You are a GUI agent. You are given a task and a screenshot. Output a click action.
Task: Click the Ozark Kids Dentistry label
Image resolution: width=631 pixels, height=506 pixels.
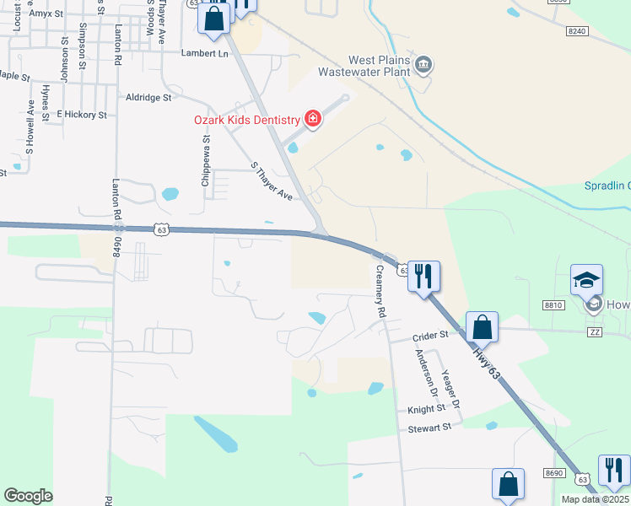pos(247,120)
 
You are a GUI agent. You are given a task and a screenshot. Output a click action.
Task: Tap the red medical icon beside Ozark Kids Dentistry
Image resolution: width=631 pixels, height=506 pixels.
pos(313,119)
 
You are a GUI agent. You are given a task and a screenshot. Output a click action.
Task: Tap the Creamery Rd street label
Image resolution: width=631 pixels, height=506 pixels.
pos(381,291)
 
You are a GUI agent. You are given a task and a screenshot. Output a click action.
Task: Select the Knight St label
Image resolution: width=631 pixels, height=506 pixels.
pos(426,408)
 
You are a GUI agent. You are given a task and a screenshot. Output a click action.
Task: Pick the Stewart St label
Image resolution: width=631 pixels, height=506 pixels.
pos(430,427)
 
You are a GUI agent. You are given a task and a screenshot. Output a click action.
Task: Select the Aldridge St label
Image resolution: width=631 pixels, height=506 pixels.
pos(148,98)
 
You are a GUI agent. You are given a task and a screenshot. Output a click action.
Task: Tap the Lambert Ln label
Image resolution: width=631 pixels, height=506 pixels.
pos(205,52)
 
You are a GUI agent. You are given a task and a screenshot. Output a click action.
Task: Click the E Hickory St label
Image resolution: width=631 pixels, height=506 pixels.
pos(82,114)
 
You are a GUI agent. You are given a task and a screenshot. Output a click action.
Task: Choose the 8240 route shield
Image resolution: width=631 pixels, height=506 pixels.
pos(577,30)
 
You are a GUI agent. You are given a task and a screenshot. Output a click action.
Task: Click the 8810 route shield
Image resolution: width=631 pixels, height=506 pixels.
pos(553,304)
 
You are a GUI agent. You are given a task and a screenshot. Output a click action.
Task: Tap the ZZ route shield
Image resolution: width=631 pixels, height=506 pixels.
pos(596,333)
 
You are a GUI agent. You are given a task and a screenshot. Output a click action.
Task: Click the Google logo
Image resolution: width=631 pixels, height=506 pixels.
pos(29,495)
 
